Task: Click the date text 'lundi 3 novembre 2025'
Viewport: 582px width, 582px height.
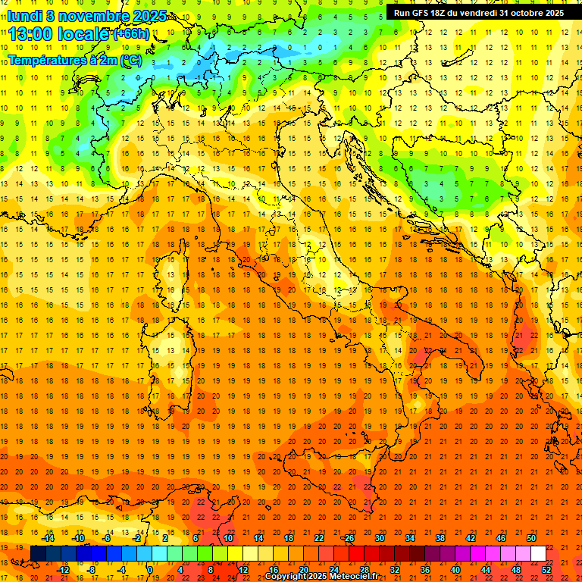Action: tap(79, 15)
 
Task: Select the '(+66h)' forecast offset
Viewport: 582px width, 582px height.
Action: tap(132, 34)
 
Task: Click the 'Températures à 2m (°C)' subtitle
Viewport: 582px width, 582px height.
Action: tap(75, 59)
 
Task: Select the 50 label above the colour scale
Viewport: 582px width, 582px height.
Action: tap(530, 538)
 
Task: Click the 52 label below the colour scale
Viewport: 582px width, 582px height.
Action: tap(546, 569)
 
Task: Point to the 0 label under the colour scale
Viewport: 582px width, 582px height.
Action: tap(150, 569)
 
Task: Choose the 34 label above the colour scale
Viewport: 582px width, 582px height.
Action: tap(409, 538)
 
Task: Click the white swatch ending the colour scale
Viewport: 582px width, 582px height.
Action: tap(538, 553)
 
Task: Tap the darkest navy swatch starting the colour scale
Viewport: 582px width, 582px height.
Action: tap(38, 553)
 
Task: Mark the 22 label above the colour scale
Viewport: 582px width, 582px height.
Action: tap(319, 538)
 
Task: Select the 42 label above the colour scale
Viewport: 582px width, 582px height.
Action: tap(470, 538)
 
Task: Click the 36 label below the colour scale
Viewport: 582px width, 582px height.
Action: tap(425, 569)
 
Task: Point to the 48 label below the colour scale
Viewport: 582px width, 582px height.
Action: tap(516, 569)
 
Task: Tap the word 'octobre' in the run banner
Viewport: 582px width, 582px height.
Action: tap(525, 13)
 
